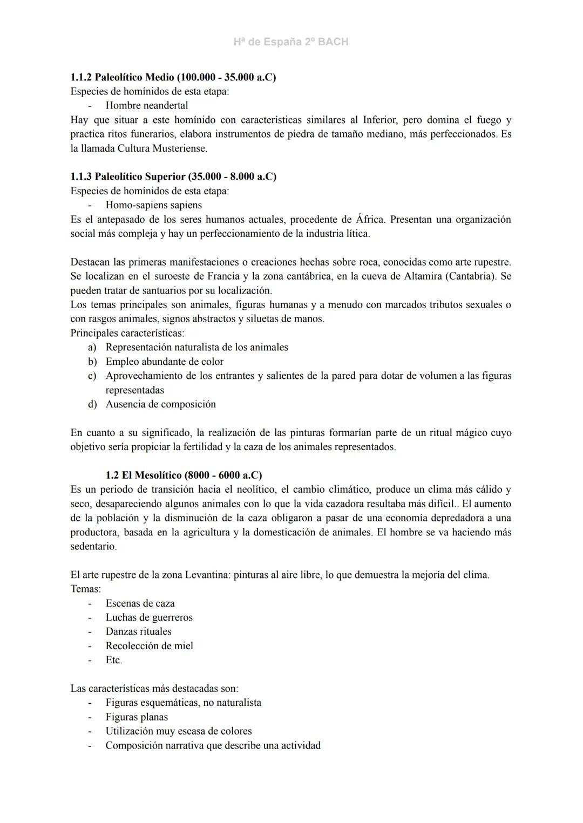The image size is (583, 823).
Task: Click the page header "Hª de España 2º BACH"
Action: pos(291,42)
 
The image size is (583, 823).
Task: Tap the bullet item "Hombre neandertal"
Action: pos(147,106)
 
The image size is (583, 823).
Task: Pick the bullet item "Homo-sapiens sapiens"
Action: pos(154,205)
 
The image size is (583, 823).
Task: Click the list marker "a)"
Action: pos(92,348)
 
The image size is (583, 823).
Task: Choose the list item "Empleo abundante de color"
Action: pos(165,362)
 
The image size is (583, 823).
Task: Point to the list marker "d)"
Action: pos(92,404)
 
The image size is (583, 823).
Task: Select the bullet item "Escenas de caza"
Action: pos(140,603)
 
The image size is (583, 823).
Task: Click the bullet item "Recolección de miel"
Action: pos(150,646)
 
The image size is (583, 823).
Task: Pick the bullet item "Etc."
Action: pos(114,660)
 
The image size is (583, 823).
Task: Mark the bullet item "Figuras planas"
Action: pos(137,717)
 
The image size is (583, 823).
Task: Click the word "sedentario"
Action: pos(93,546)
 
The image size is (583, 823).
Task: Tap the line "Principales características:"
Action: pos(127,333)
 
